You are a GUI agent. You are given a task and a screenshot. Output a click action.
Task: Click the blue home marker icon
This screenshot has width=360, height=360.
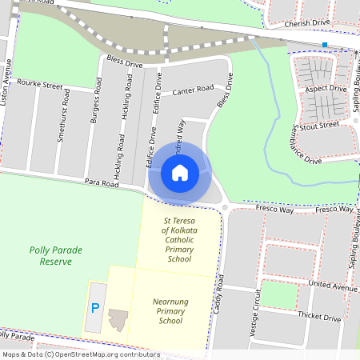[180, 172]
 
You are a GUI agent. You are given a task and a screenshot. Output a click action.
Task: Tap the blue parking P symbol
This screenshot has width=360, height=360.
[96, 308]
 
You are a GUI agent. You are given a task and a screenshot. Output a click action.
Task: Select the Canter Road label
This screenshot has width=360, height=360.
[192, 89]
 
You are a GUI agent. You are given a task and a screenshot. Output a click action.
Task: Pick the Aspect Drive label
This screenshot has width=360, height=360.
[326, 88]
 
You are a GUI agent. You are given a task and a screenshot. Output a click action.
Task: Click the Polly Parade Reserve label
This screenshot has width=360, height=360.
[56, 256]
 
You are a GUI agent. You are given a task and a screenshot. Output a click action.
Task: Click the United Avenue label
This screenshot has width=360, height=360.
[333, 286]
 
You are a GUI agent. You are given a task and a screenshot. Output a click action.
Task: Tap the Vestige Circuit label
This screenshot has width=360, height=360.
[256, 320]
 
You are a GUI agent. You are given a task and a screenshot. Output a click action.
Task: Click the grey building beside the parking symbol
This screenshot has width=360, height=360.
[118, 318]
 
